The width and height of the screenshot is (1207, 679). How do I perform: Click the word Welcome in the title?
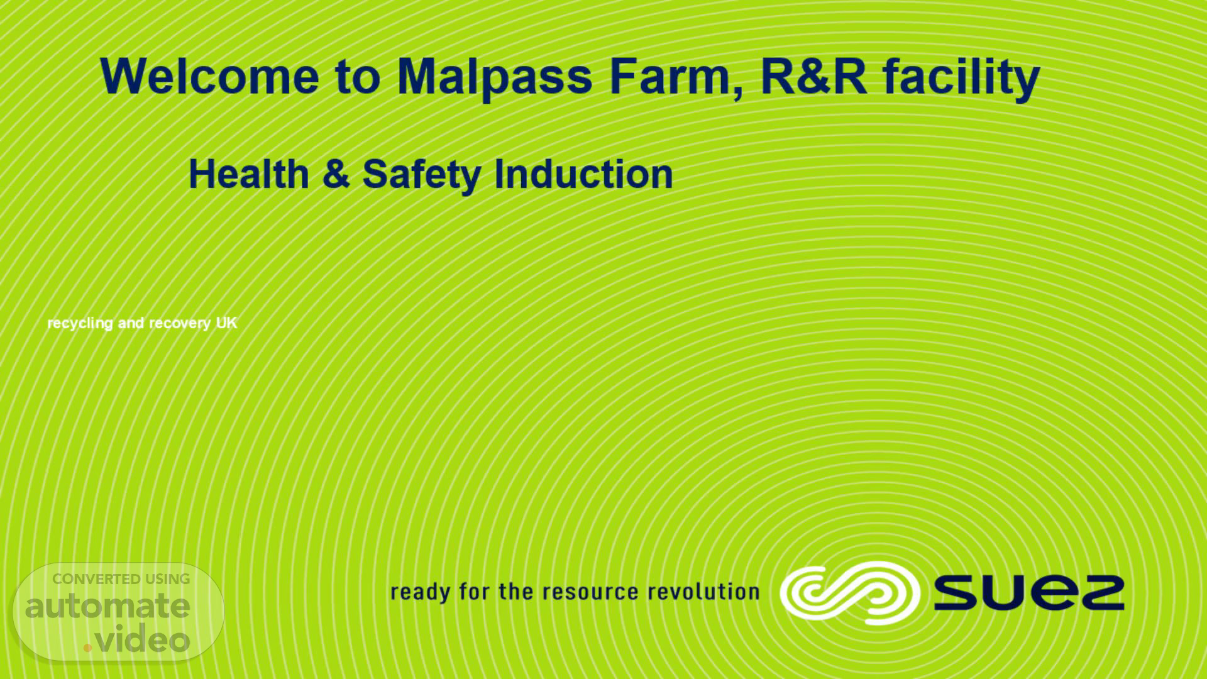click(209, 76)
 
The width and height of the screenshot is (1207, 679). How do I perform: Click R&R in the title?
click(813, 76)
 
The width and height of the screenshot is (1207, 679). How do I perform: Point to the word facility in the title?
click(961, 78)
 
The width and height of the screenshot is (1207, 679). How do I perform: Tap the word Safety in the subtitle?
click(422, 175)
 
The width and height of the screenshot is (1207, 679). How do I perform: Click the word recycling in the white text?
click(80, 323)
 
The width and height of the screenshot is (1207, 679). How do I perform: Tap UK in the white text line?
click(227, 323)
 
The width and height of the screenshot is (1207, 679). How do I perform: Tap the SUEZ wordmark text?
click(1029, 593)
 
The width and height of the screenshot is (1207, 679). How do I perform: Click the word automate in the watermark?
click(107, 606)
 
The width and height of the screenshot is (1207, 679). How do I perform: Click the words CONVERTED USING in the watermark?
click(121, 579)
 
